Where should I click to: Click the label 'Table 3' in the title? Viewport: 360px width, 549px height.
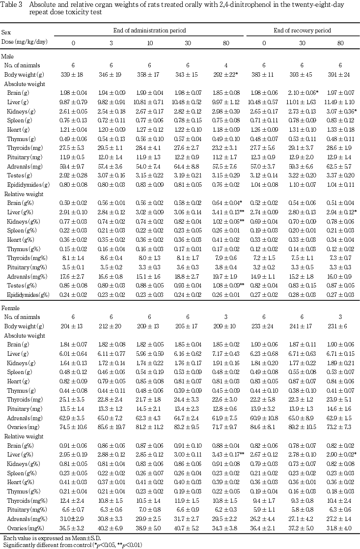tap(13, 4)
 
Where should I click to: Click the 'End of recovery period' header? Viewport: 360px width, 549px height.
tap(302, 30)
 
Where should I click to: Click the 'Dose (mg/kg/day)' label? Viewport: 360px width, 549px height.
tap(25, 42)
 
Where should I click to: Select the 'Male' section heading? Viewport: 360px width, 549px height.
tap(8, 56)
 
